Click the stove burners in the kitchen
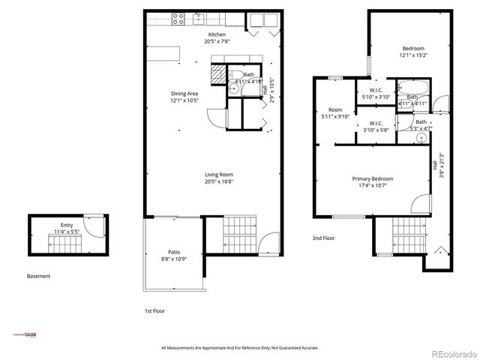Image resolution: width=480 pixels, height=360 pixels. coord(179,19)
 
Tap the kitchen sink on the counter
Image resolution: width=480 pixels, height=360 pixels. coord(199,18)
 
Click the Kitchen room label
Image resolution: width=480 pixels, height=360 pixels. coord(217,34)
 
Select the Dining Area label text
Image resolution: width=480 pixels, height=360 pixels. coord(184,94)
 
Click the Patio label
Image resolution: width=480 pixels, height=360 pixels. coord(174,252)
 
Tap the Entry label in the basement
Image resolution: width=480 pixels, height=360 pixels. coord(67,224)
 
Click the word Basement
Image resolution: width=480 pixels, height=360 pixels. coord(39,276)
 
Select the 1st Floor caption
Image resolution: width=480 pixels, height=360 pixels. coord(154,310)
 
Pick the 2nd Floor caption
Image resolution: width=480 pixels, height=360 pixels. coord(323,238)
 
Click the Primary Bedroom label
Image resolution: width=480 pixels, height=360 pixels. coord(373,178)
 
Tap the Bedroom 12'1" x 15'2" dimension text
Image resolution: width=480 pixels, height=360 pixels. coord(412,55)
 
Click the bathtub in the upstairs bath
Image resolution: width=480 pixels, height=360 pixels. coord(411,85)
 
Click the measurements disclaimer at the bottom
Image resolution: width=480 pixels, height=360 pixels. coord(240,348)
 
